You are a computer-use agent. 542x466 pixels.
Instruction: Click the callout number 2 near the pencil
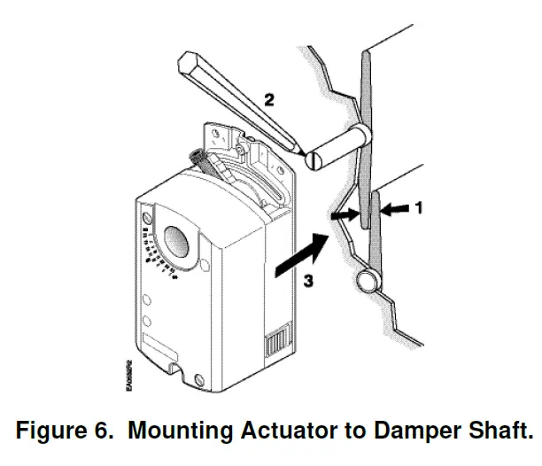coord(269,100)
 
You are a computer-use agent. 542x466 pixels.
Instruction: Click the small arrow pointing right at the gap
coord(342,213)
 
